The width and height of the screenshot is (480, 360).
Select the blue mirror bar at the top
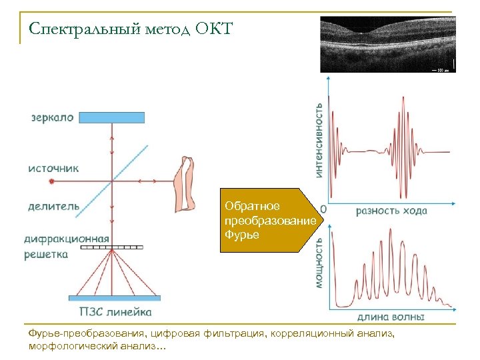(x=111, y=118)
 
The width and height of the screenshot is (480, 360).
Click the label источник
(x=53, y=168)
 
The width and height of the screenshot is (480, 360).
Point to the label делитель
(x=53, y=206)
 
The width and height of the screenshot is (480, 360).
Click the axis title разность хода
(x=391, y=211)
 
